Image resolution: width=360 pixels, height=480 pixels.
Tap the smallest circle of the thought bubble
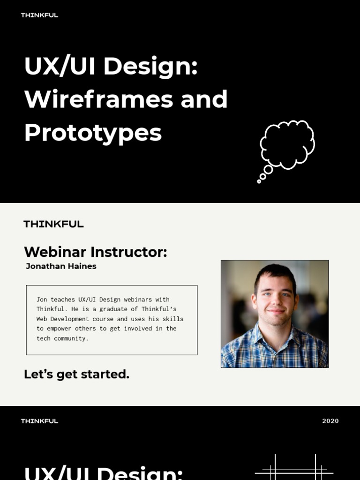pyautogui.click(x=259, y=181)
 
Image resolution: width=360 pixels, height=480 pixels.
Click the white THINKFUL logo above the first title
pyautogui.click(x=39, y=15)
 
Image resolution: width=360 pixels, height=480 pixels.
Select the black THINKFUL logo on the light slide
pyautogui.click(x=53, y=224)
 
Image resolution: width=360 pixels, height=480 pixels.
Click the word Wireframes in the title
pyautogui.click(x=99, y=99)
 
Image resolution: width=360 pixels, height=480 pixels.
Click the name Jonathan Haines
pyautogui.click(x=61, y=266)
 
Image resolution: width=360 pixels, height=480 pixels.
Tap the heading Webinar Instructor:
pyautogui.click(x=96, y=252)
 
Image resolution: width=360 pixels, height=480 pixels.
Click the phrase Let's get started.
pyautogui.click(x=76, y=374)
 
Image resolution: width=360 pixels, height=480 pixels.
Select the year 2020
pyautogui.click(x=330, y=421)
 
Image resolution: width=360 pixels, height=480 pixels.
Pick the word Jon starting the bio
pyautogui.click(x=42, y=300)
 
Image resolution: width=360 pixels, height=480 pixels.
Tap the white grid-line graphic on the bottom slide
pyautogui.click(x=294, y=467)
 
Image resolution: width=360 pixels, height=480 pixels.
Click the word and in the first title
pyautogui.click(x=204, y=99)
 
